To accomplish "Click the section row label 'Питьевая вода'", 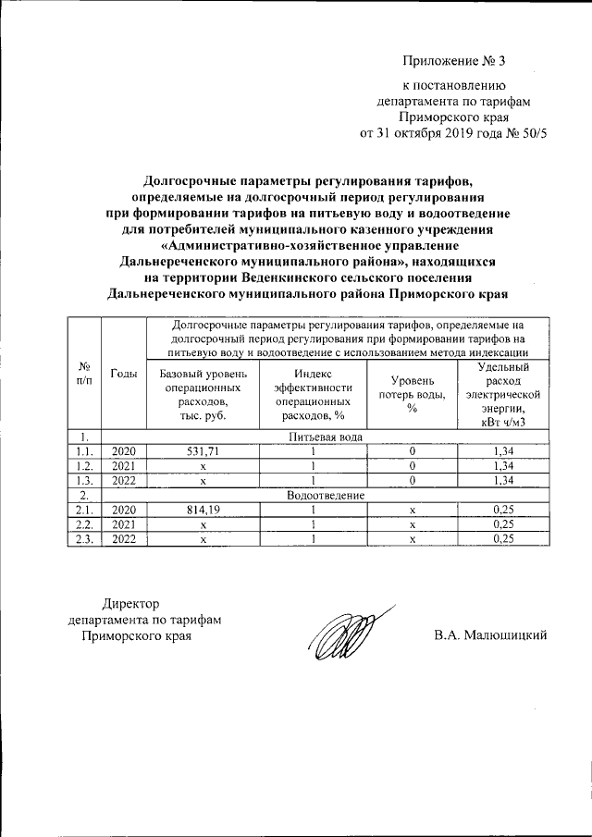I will point(326,436).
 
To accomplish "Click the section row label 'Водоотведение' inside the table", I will point(326,495).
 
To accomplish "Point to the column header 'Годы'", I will point(123,374).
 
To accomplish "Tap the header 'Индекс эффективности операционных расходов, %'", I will point(314,395).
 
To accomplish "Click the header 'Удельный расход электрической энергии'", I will point(502,395).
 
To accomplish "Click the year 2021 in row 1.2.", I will point(123,465).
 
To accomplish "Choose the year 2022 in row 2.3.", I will point(123,539).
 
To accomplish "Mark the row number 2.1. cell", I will point(84,510).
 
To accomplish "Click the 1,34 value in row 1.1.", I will point(502,450).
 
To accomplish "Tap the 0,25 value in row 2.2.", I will point(502,524).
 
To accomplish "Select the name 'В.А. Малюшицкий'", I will point(491,635).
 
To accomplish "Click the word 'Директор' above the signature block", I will point(130,602).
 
